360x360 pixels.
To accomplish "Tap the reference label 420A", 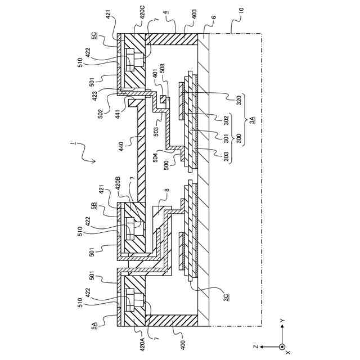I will click(x=142, y=344).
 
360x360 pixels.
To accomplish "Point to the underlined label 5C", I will click(x=93, y=35).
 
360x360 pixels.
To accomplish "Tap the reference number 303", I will click(x=225, y=155).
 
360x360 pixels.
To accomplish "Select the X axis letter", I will click(x=288, y=353).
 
